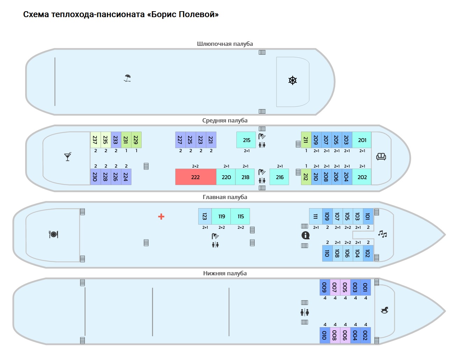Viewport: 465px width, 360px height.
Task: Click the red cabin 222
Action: click(x=195, y=177)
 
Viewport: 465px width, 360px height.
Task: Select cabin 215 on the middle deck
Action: click(x=246, y=140)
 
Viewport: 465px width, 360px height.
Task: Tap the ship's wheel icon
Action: click(x=293, y=80)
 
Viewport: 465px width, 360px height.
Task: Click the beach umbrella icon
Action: click(x=128, y=78)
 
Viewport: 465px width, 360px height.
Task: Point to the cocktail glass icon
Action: click(x=68, y=156)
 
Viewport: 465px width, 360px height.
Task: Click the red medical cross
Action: click(x=161, y=217)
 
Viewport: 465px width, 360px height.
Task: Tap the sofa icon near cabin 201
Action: click(x=381, y=156)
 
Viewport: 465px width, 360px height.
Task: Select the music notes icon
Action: click(x=382, y=234)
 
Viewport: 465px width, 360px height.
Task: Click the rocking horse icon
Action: click(x=385, y=310)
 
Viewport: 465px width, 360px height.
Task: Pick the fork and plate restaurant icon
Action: click(x=53, y=234)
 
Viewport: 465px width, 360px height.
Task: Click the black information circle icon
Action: click(x=305, y=235)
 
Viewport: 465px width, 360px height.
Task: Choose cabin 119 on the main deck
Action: click(x=221, y=216)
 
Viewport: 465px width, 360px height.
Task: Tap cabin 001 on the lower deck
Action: click(x=365, y=287)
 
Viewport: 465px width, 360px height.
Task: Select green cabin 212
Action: click(x=306, y=177)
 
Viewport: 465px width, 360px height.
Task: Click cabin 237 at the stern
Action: click(x=95, y=140)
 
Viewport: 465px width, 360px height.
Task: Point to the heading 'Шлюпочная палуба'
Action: click(x=225, y=44)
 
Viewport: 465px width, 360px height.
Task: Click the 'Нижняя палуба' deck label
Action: click(x=225, y=273)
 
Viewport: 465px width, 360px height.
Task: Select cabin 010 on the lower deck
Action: click(x=324, y=335)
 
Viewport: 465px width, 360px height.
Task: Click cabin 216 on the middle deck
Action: click(x=280, y=177)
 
